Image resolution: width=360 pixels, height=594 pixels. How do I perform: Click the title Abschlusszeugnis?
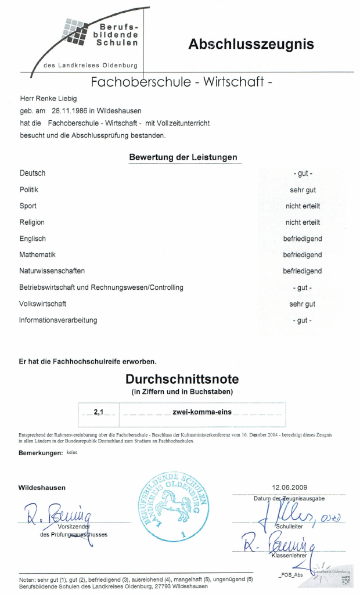click(251, 45)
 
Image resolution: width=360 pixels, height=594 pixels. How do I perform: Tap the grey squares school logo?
click(75, 33)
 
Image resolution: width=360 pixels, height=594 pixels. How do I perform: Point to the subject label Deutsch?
click(33, 173)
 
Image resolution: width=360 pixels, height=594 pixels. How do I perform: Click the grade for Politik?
click(303, 190)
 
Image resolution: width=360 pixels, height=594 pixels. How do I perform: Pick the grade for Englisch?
click(303, 239)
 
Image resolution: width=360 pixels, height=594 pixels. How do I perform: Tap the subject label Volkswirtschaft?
click(43, 304)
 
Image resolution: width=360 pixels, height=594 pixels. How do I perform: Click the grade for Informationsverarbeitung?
click(303, 321)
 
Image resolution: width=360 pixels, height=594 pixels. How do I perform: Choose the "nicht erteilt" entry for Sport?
click(303, 206)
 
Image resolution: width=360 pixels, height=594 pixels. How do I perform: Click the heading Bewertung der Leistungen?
click(183, 157)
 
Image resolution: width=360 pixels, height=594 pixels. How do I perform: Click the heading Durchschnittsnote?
click(182, 379)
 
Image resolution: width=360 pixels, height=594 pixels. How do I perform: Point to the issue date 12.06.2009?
click(289, 487)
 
